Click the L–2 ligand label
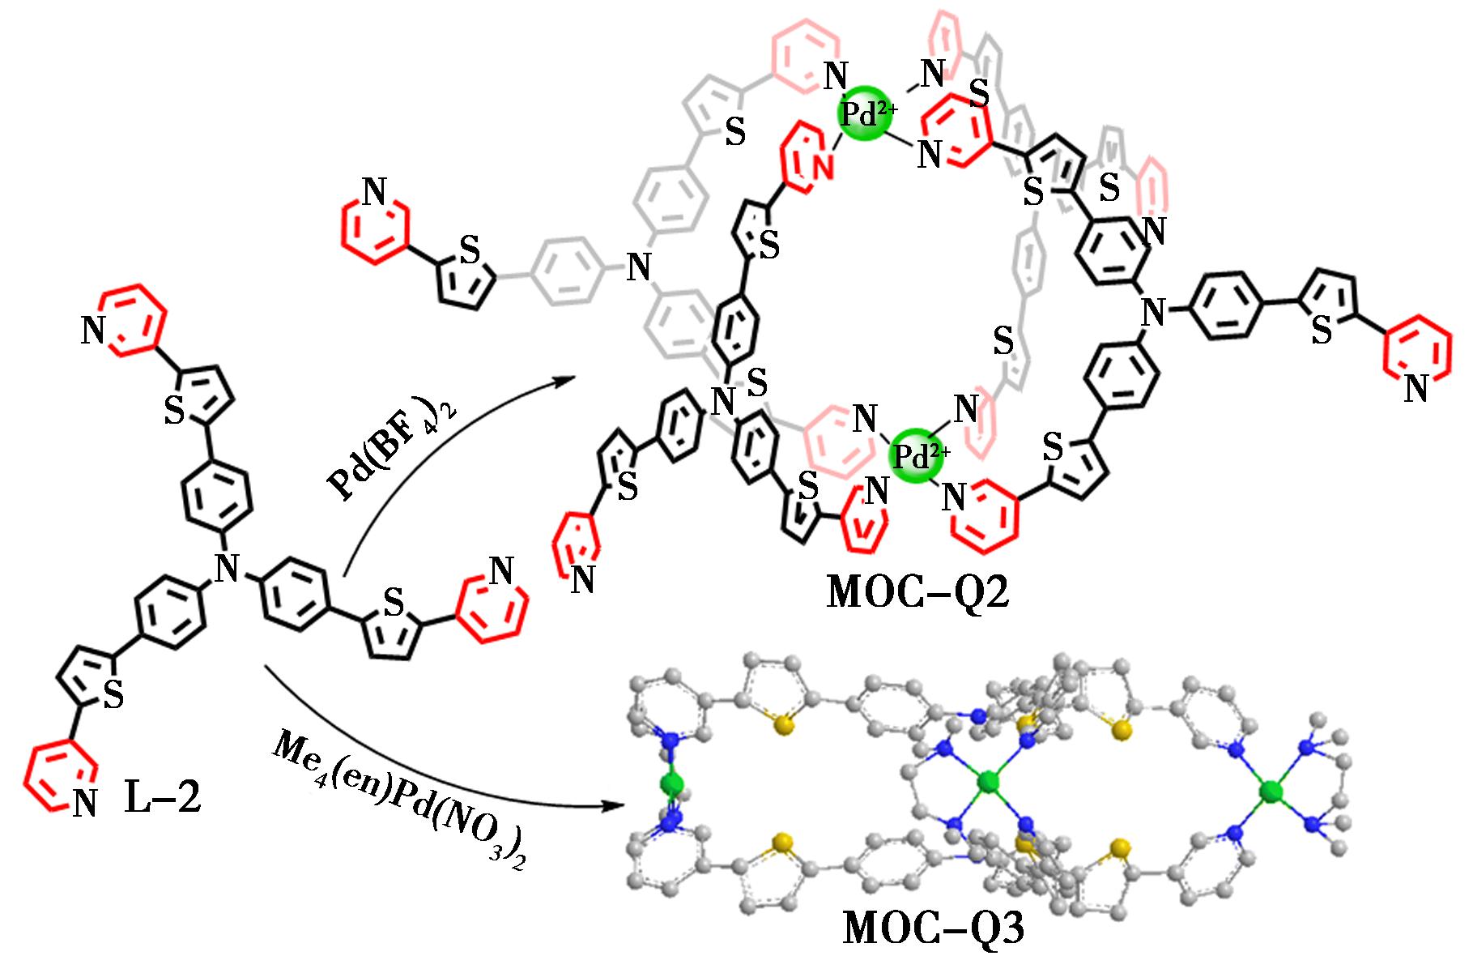pos(162,800)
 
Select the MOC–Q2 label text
pos(917,594)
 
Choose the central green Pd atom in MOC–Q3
pos(987,783)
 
